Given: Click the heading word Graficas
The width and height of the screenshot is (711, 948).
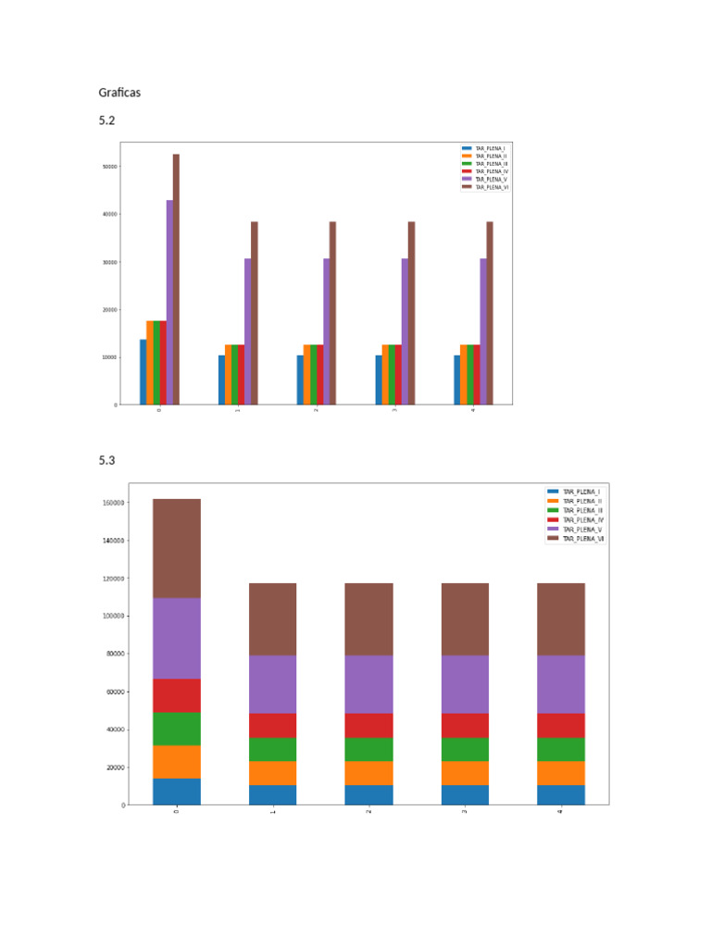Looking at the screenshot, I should [x=119, y=93].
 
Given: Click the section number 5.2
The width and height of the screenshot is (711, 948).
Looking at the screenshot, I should [x=107, y=121].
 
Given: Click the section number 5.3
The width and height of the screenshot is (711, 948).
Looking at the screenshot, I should [x=107, y=460].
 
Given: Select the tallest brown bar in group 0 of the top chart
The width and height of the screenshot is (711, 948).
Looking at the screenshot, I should [x=176, y=278].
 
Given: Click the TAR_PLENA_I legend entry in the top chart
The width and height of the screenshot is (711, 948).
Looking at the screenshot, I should [x=490, y=149].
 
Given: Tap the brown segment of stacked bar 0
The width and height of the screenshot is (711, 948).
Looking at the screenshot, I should [x=176, y=548].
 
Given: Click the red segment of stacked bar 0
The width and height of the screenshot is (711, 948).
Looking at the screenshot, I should [x=176, y=695].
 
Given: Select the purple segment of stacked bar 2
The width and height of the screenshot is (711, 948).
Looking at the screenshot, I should [x=368, y=684].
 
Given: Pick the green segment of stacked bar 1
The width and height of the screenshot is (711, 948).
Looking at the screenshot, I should [x=272, y=749].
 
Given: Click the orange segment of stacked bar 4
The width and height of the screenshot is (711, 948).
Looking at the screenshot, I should [x=560, y=773].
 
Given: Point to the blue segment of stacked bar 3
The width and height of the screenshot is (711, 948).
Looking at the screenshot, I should [x=465, y=795].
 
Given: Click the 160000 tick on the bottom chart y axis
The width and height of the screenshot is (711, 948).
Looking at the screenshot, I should [x=114, y=503].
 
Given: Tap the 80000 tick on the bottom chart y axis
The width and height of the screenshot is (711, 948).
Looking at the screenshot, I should [x=116, y=654].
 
